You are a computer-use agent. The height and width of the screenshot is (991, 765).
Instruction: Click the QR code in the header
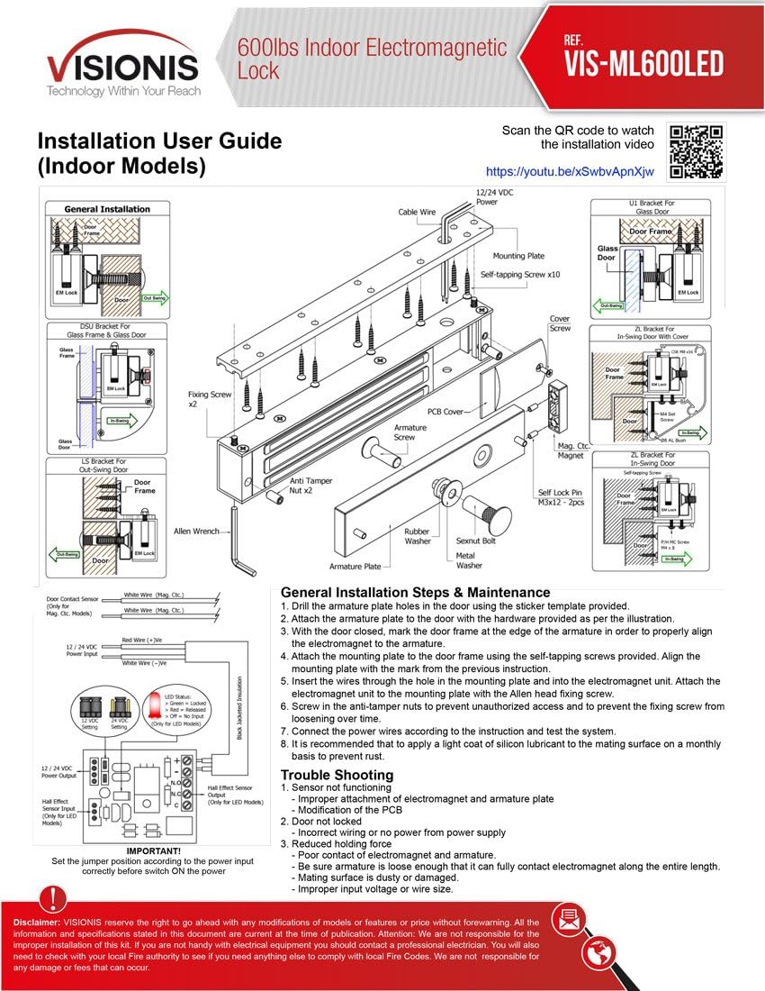(697, 150)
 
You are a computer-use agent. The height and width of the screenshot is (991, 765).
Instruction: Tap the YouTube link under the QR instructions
(570, 171)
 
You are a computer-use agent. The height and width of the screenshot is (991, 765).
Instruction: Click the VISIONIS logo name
(122, 66)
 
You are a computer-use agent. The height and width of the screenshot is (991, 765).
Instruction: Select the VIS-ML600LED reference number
(643, 62)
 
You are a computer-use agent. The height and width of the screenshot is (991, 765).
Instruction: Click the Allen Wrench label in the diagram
(196, 532)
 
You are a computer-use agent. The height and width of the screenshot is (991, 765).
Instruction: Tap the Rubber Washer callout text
(417, 537)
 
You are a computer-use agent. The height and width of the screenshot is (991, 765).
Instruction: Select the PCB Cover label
(445, 412)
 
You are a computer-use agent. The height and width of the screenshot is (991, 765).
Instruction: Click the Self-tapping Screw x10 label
(520, 275)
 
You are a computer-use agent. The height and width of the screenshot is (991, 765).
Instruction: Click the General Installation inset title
(107, 209)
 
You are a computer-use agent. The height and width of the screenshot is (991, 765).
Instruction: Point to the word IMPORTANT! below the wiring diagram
(153, 851)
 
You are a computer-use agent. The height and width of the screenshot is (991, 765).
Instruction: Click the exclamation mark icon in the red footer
(54, 897)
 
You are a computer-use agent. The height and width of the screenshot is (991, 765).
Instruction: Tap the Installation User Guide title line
(159, 141)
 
